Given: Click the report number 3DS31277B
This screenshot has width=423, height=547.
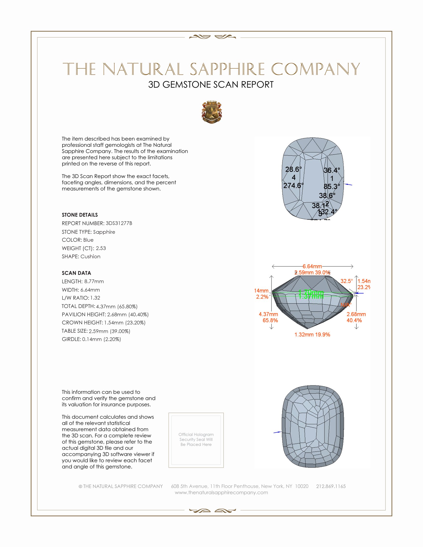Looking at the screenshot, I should tap(119, 223).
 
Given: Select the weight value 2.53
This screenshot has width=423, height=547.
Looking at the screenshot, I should tap(101, 248).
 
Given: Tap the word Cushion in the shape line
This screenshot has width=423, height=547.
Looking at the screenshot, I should tap(91, 257).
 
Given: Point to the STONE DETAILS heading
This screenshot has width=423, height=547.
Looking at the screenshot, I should tap(80, 215).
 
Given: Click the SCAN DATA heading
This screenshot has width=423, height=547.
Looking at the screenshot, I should tap(76, 273).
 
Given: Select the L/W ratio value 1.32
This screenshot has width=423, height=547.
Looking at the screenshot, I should tap(95, 298).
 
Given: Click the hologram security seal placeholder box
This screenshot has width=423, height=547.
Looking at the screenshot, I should tap(196, 440).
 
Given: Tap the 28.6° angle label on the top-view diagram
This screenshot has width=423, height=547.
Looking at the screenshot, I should tap(293, 170).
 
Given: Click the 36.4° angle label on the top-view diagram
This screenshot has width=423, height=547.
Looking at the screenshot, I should tap(331, 171).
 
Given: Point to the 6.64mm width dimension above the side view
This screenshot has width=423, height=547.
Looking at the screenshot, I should tap(312, 266).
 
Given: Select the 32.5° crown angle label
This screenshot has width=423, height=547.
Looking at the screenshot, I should tap(347, 281).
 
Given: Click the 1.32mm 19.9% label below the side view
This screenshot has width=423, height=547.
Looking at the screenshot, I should tap(312, 335).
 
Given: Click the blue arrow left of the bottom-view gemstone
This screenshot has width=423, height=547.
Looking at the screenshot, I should tap(277, 432).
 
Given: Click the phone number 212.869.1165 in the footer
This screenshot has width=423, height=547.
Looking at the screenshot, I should tap(331, 486).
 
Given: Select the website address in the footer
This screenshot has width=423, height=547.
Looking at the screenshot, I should tap(221, 493).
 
